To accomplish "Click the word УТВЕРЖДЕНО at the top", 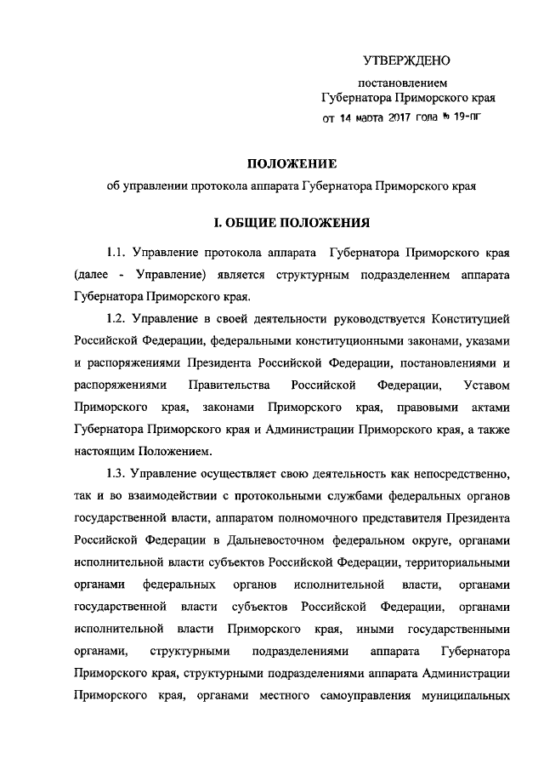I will click(x=405, y=60).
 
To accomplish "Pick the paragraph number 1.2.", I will click(x=117, y=320).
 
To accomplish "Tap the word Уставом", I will click(x=484, y=386).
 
